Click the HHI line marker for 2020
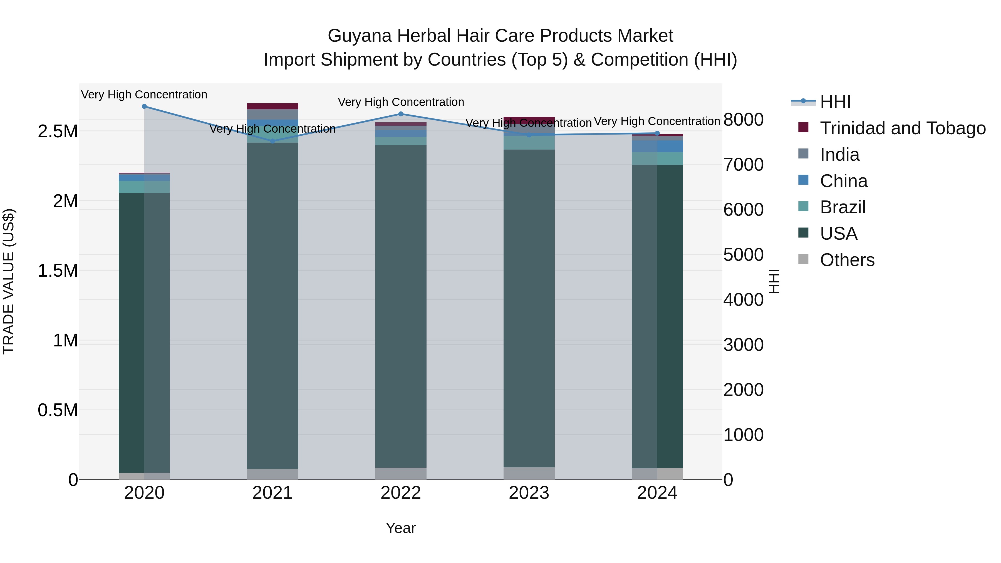pyautogui.click(x=144, y=106)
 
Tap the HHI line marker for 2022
pyautogui.click(x=401, y=114)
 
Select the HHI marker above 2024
pyautogui.click(x=657, y=133)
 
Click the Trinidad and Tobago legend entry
pyautogui.click(x=902, y=128)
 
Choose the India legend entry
pyautogui.click(x=839, y=155)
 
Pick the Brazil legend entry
pyautogui.click(x=843, y=207)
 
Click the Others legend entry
pyautogui.click(x=847, y=260)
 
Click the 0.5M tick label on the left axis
pyautogui.click(x=58, y=410)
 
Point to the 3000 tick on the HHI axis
pyautogui.click(x=743, y=345)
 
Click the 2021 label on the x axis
pyautogui.click(x=272, y=493)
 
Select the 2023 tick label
pyautogui.click(x=529, y=493)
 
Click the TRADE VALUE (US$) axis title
pyautogui.click(x=9, y=281)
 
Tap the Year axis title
pyautogui.click(x=401, y=528)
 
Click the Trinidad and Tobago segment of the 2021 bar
pyautogui.click(x=272, y=106)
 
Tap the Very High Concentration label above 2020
pyautogui.click(x=144, y=95)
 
